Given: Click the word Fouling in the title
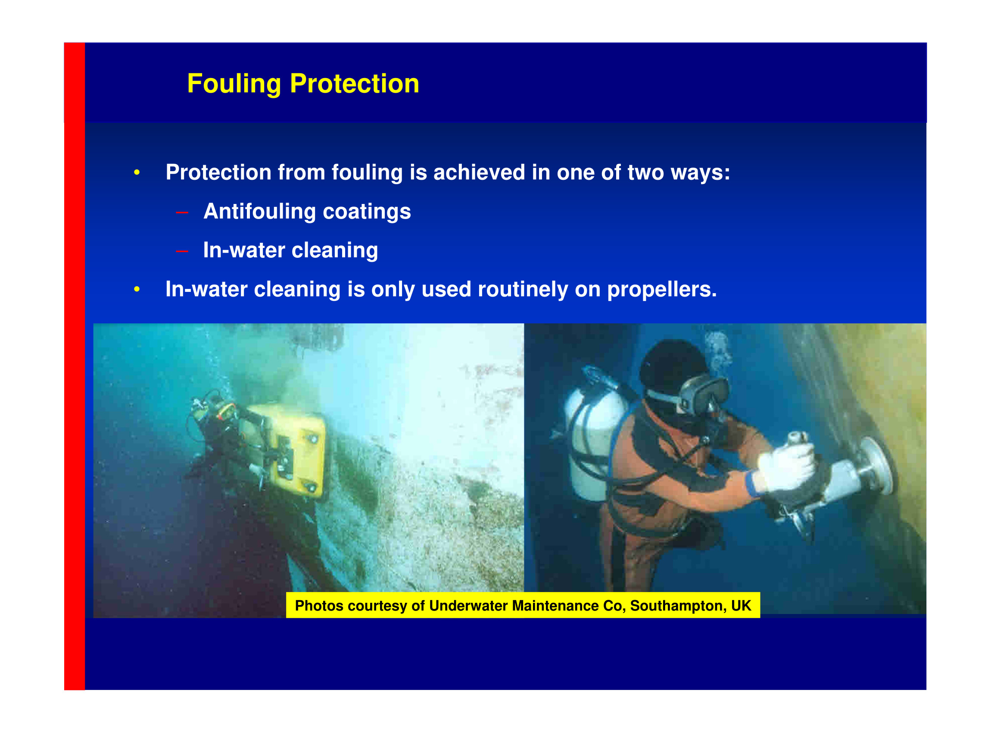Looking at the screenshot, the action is (x=234, y=84).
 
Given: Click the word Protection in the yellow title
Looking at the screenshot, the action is (x=354, y=83).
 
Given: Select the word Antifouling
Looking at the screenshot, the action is (x=259, y=211).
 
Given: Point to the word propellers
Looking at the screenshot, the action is (x=661, y=290).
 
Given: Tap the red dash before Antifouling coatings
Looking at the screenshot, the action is (x=182, y=213).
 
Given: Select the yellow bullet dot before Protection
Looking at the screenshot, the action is (x=137, y=172).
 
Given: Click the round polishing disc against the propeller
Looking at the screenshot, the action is (x=876, y=466).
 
